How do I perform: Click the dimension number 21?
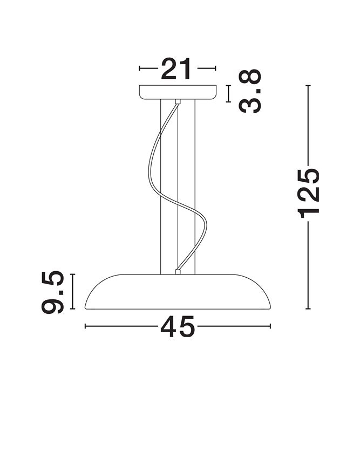coord(176,68)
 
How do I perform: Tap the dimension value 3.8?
coord(250,91)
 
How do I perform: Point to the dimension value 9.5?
coord(53,292)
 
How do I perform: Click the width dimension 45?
coord(177,326)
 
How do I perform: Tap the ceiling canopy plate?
coord(178,92)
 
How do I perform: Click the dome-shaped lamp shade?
coord(178,292)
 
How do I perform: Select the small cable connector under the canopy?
coord(178,102)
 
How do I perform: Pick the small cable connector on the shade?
coord(178,272)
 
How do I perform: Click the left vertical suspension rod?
coord(161,187)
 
